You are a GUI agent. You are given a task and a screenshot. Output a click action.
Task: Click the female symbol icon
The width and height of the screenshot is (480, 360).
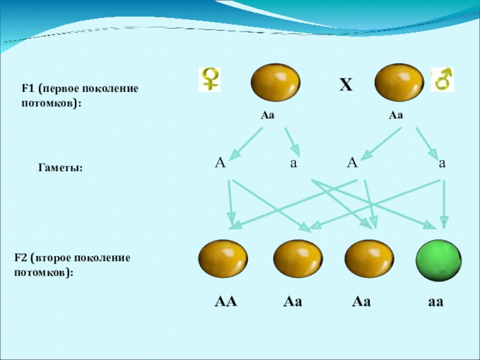(210, 79)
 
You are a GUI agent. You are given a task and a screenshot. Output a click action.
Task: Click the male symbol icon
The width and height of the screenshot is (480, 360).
(443, 79)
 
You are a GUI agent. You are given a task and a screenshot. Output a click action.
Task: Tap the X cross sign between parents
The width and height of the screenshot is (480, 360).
(345, 86)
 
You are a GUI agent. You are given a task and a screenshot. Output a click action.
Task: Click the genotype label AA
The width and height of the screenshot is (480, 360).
(226, 302)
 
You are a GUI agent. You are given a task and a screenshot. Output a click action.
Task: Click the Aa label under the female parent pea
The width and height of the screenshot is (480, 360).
(267, 115)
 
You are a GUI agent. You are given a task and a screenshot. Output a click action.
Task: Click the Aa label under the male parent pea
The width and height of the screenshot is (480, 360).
(395, 115)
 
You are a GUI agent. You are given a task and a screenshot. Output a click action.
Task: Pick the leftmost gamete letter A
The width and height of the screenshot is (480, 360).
(220, 163)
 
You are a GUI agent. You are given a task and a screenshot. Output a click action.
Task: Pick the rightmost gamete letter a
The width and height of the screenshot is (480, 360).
(442, 163)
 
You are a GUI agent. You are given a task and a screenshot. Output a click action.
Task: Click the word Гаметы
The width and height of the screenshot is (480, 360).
(60, 170)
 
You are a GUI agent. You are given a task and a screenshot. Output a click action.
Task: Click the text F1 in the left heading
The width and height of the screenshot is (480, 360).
(28, 89)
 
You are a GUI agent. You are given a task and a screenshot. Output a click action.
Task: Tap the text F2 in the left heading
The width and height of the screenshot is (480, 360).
(22, 257)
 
